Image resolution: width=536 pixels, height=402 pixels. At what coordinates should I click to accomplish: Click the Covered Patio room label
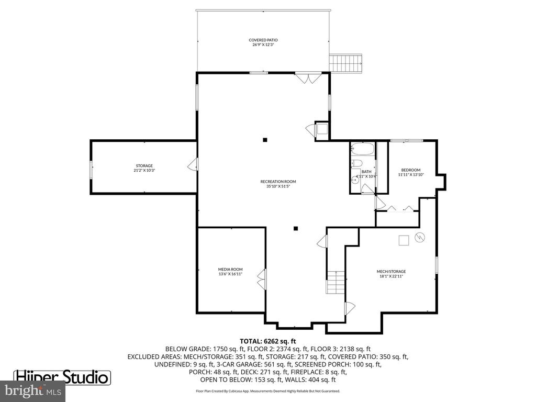point(263,40)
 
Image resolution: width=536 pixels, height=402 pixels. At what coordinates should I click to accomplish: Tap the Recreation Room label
point(274,182)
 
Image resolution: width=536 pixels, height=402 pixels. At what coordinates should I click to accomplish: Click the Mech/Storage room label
point(391,271)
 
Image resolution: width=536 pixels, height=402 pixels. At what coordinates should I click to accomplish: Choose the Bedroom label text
point(411,170)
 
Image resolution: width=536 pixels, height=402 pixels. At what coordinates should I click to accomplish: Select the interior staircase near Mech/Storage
point(336,282)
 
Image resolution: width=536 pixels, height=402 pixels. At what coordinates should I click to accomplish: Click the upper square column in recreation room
point(265,139)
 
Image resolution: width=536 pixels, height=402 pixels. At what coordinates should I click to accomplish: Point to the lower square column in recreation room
point(296,228)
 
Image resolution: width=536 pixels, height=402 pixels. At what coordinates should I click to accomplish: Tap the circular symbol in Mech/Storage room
point(419,237)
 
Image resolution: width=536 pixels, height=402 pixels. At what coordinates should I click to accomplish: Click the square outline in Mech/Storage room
point(404,240)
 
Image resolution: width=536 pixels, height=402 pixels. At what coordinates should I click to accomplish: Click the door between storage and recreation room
point(193,165)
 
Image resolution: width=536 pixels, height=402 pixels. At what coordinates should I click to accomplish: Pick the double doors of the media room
point(261,278)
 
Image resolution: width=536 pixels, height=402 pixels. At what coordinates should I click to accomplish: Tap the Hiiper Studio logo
point(62,377)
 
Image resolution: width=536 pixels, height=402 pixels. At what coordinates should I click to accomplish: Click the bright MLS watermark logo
point(33,390)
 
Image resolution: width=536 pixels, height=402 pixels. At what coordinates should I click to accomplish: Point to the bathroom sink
point(355,179)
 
